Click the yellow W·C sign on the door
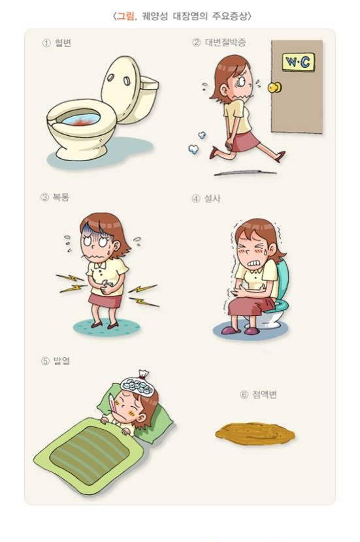[299, 62]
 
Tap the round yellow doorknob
[274, 87]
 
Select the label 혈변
[63, 43]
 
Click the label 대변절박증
[225, 42]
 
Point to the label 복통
[61, 197]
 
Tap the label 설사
[212, 199]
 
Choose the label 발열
[61, 361]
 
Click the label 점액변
[265, 394]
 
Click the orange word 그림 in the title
[125, 16]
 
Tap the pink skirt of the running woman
[244, 141]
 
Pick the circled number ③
[44, 197]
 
